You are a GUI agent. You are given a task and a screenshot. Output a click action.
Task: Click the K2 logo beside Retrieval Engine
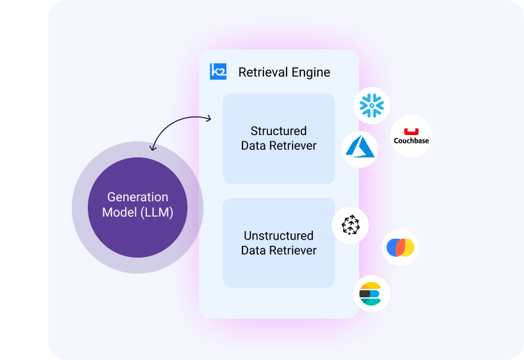218,72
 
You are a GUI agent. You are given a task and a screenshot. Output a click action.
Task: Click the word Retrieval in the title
262,72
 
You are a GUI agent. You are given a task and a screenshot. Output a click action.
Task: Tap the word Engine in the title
310,72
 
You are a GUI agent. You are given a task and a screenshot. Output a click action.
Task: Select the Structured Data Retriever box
279,139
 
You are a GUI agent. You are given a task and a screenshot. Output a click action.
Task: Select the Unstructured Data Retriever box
279,242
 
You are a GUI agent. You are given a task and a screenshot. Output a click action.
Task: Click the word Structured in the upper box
279,131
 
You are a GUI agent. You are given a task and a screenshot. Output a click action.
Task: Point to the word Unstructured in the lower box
279,235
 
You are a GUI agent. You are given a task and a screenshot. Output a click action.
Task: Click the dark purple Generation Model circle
137,207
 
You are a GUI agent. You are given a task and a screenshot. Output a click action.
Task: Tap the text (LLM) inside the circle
157,212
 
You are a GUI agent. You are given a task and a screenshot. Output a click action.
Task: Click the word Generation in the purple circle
137,197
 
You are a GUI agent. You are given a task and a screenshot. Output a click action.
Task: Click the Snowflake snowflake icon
371,105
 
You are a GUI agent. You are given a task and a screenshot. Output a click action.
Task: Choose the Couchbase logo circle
411,136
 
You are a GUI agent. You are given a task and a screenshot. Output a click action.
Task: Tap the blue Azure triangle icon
360,148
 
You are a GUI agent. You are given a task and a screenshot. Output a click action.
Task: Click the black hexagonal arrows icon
350,224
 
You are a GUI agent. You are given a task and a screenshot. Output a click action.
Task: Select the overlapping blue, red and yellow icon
401,247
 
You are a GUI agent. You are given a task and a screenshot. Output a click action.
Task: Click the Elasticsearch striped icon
371,294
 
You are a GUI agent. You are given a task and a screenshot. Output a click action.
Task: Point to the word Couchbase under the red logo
411,141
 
